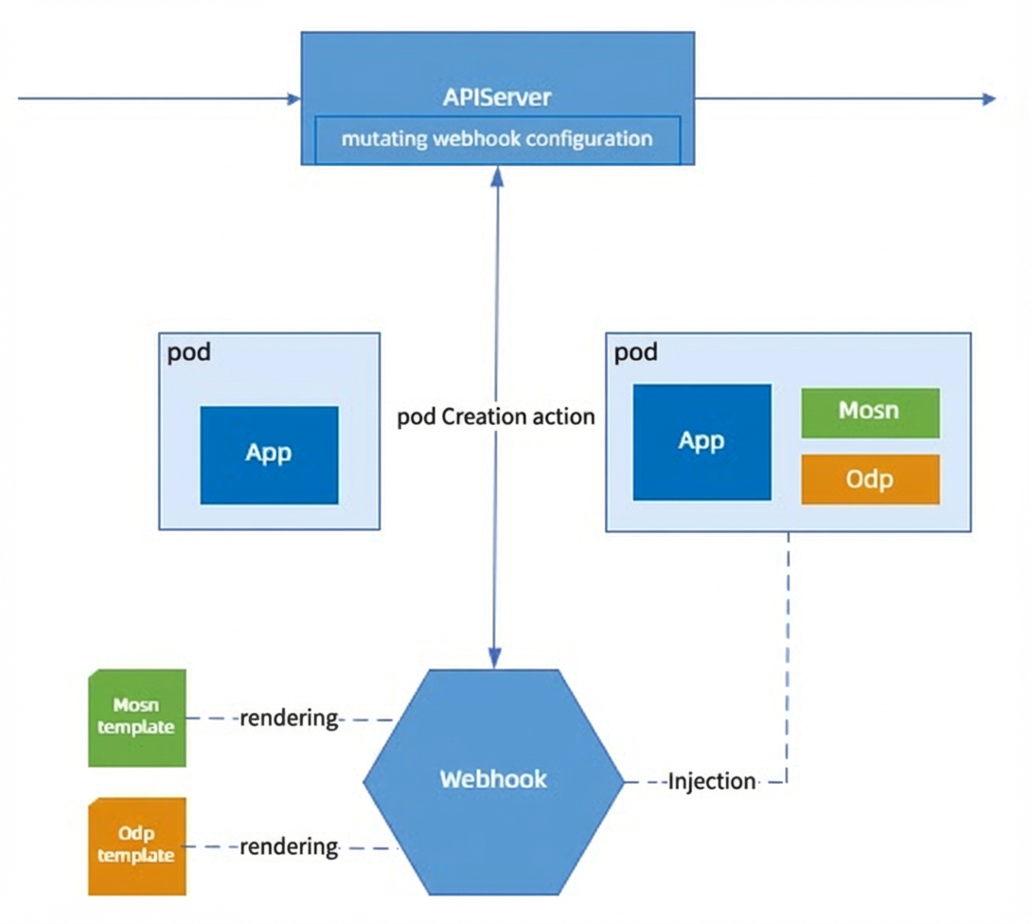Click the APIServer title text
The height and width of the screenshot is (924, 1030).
[497, 98]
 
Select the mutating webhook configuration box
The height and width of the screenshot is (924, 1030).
[497, 140]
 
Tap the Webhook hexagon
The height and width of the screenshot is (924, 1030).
[493, 781]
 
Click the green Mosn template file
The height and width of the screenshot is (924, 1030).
[136, 718]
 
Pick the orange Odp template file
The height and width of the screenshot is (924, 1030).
[136, 845]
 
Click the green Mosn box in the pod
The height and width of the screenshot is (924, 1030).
[870, 413]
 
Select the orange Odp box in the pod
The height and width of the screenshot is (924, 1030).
[870, 479]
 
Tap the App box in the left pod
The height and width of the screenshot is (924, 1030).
[269, 455]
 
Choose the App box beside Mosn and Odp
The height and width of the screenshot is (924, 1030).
[701, 442]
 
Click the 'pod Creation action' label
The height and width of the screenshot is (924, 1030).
[496, 417]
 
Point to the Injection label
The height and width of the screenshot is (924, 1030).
[711, 781]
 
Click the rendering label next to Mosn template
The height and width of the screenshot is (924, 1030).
[289, 718]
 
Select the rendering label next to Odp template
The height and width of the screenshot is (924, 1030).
[289, 846]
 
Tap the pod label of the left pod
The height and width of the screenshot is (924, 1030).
[189, 353]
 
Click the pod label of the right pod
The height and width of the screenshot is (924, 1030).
[636, 353]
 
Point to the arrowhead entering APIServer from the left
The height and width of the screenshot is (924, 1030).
[294, 99]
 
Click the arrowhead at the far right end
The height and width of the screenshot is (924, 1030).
[989, 99]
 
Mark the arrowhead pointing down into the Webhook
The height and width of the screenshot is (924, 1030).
[494, 659]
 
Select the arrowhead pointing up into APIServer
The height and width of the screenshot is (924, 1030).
[497, 175]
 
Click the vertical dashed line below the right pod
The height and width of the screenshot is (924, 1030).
[788, 657]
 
